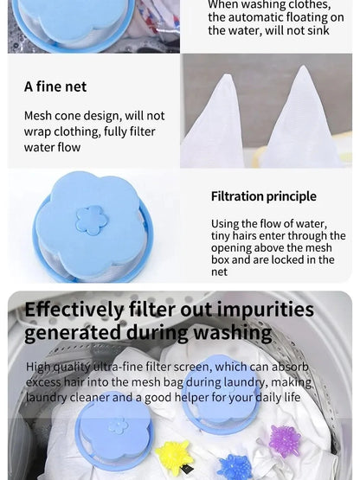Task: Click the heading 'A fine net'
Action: [x=55, y=86]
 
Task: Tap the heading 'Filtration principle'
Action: [x=263, y=196]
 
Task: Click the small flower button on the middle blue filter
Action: [x=91, y=221]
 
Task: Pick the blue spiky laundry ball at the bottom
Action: [x=235, y=468]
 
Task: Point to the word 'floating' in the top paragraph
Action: [x=295, y=17]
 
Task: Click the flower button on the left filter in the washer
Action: [x=117, y=426]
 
